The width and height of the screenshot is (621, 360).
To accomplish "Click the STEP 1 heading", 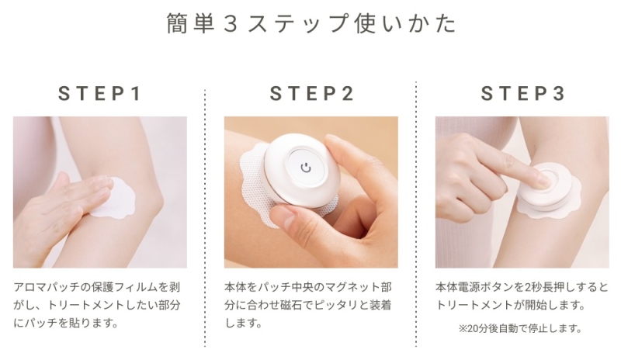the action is point(100,94).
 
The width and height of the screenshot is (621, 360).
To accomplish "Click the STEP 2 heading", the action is point(312,94).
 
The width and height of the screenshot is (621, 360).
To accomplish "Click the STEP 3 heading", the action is point(522,94).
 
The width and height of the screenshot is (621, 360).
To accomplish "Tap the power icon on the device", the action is point(306,168).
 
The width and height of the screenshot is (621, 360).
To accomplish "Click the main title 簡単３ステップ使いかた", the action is point(311,23).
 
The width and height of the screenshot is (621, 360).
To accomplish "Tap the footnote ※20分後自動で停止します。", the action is point(520,328).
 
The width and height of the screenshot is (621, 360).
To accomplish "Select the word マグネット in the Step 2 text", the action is point(346,287).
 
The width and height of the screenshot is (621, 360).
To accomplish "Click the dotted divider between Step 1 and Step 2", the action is point(205,218).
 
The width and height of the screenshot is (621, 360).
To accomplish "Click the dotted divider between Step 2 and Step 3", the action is point(416,214).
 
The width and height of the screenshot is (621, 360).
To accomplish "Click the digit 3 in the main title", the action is point(231,24).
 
